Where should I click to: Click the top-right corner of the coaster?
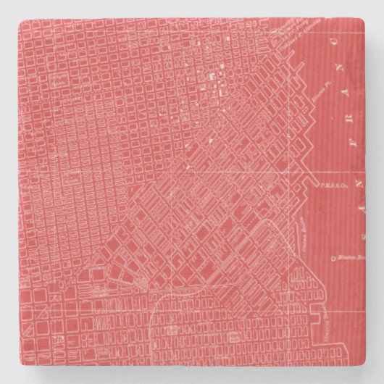(365, 19)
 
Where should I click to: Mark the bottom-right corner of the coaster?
(365, 366)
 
